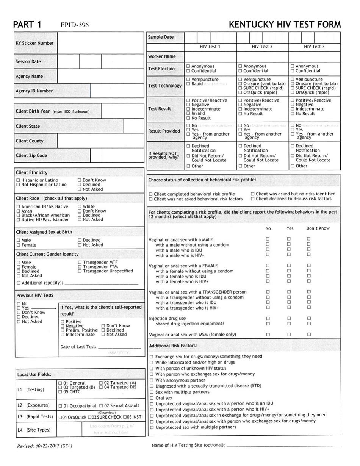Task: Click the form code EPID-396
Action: [x=74, y=25]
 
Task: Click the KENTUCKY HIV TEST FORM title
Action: [x=285, y=25]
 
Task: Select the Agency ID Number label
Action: [x=34, y=91]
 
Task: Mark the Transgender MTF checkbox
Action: [x=80, y=262]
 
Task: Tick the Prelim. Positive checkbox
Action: [x=63, y=330]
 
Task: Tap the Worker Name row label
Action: [x=162, y=56]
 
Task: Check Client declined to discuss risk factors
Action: [x=253, y=199]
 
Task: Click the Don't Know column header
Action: [x=318, y=228]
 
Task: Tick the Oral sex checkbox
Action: [x=152, y=398]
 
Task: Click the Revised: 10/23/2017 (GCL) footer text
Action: [x=44, y=446]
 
